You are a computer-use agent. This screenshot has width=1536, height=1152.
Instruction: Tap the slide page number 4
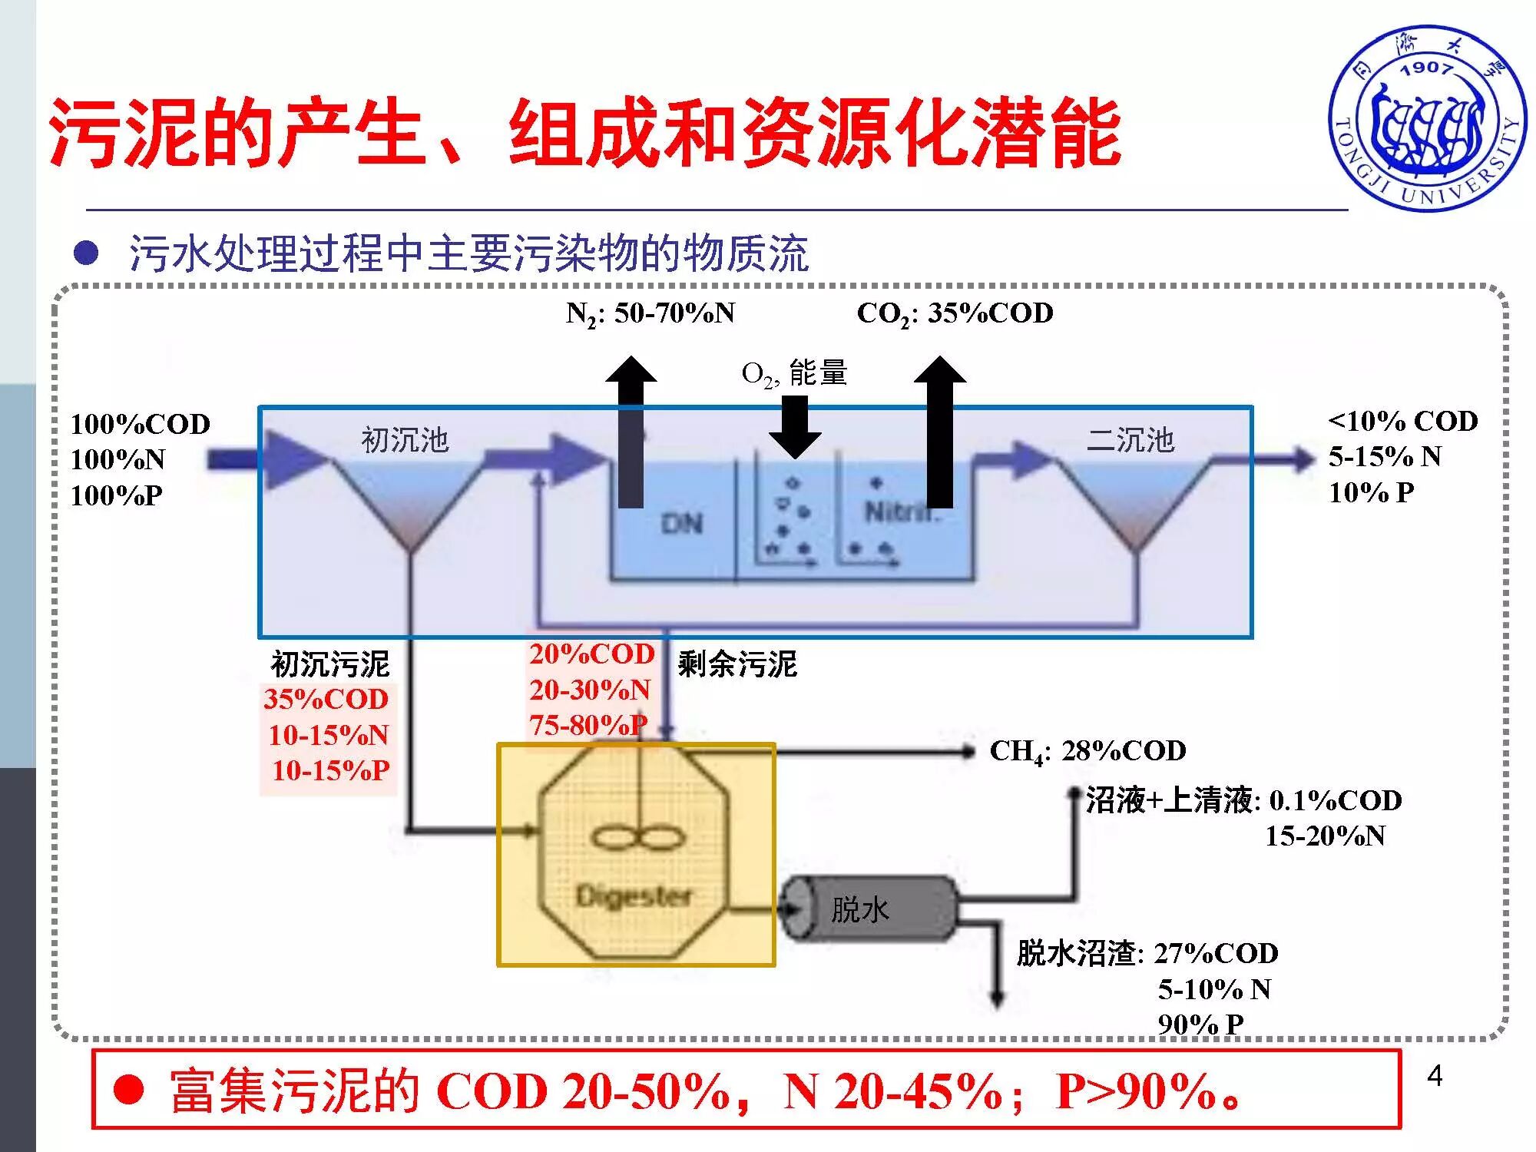tap(1434, 1076)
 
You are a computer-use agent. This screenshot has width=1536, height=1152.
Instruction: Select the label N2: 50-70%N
tap(650, 313)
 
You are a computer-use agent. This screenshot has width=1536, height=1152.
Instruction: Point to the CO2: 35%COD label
tap(955, 313)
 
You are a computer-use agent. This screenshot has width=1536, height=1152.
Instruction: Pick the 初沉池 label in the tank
tap(405, 440)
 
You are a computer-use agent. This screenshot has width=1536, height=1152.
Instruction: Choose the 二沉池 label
tap(1130, 440)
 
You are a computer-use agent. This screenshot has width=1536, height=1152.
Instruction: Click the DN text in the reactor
tap(682, 524)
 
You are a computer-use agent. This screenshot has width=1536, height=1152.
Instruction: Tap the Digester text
tap(634, 895)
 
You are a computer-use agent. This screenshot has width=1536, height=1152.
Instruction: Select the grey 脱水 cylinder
tap(868, 909)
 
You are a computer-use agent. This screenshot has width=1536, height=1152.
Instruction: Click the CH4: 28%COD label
tap(1087, 751)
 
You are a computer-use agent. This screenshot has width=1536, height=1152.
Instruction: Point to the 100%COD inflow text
tap(141, 424)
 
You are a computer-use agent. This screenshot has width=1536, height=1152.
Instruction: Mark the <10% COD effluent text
tap(1403, 421)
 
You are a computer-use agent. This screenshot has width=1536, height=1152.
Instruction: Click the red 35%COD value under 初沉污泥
tap(326, 699)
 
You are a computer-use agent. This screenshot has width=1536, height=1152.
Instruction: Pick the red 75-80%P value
tap(588, 724)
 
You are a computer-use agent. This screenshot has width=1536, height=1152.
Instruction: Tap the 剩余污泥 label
tap(737, 664)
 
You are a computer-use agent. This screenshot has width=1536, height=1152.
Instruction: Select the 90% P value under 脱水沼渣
tap(1200, 1024)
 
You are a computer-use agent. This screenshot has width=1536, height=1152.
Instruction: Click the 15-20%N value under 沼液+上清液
tap(1325, 836)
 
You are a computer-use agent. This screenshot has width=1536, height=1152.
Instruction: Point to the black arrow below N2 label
tap(631, 430)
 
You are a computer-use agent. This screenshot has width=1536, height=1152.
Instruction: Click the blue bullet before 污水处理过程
tap(86, 253)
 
